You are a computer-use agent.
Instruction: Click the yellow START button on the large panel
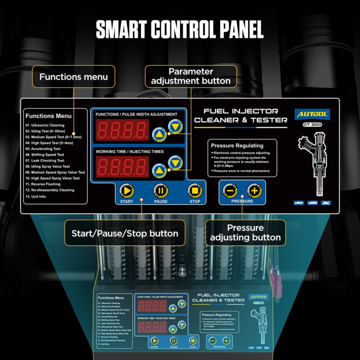click(x=126, y=191)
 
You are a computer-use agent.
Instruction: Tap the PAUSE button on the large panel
click(x=161, y=191)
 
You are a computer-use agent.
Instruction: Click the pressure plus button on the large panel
click(x=255, y=191)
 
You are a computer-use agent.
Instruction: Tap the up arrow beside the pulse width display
click(x=158, y=134)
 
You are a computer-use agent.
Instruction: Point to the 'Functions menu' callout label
click(x=74, y=76)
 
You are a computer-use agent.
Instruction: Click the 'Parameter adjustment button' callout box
click(x=191, y=76)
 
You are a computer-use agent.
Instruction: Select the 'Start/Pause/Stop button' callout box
click(x=125, y=233)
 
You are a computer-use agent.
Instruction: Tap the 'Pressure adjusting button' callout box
click(x=245, y=233)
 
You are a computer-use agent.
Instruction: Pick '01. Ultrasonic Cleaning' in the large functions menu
click(x=45, y=125)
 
